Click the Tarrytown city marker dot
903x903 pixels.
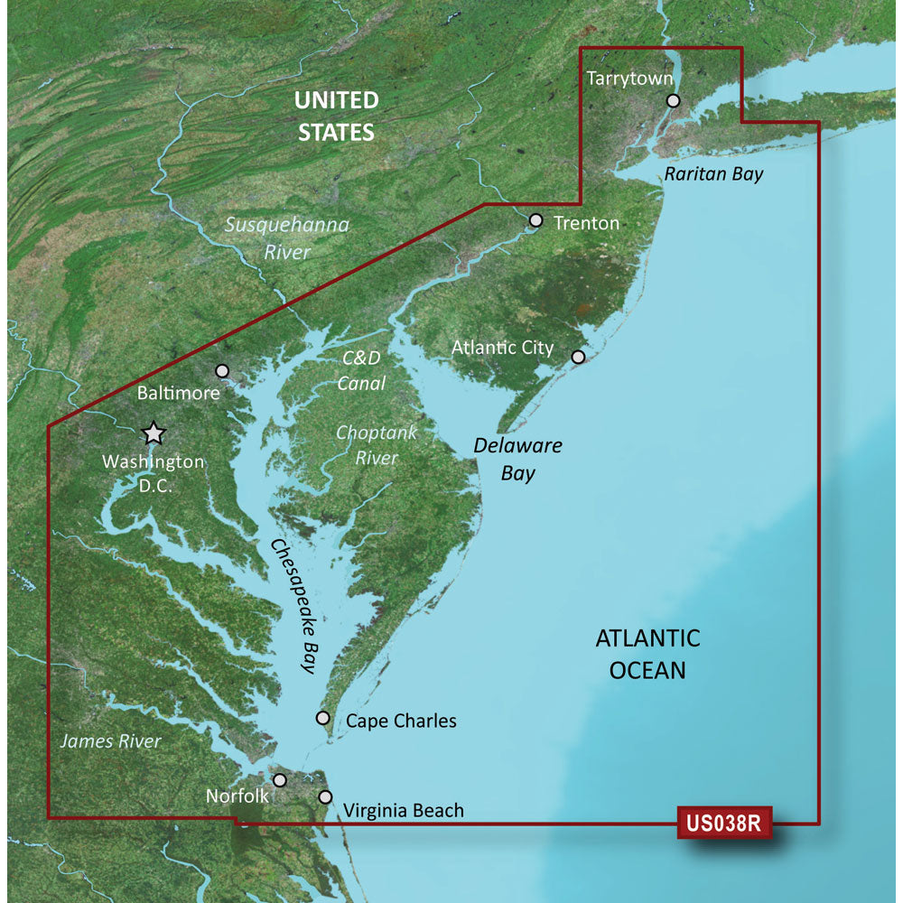(x=673, y=101)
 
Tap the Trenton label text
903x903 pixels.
(x=586, y=222)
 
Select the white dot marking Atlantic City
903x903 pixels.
(x=578, y=357)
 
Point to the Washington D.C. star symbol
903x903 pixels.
(x=154, y=434)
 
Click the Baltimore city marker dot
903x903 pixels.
(x=222, y=370)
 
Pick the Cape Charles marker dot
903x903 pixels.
(x=322, y=718)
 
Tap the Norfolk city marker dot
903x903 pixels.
(x=280, y=779)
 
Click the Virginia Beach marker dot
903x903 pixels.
(x=325, y=796)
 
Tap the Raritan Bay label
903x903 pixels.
(x=713, y=174)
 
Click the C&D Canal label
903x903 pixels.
(x=361, y=371)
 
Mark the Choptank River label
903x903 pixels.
(x=377, y=445)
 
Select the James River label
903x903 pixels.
(x=110, y=741)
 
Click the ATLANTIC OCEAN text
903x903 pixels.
(x=647, y=654)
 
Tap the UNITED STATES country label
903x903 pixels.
(x=336, y=116)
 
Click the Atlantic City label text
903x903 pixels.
(x=502, y=348)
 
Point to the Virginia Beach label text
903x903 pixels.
(x=404, y=810)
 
